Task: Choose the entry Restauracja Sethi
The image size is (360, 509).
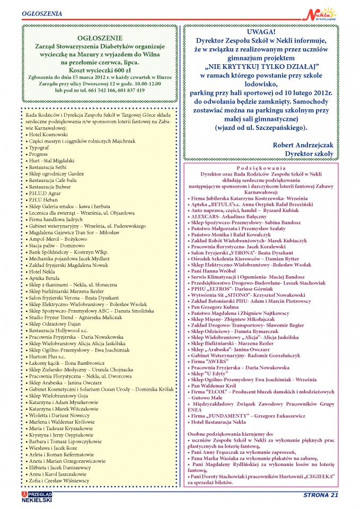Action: tap(49, 166)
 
